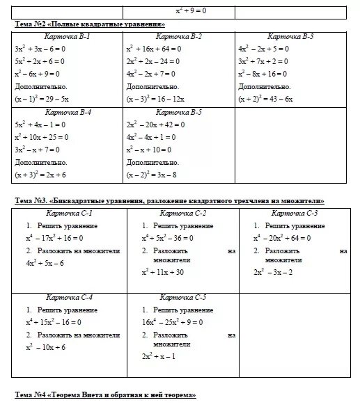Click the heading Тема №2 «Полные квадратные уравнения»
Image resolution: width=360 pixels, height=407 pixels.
[84, 24]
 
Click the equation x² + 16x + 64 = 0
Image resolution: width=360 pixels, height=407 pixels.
[152, 49]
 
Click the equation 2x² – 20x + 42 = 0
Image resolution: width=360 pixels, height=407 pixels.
[155, 125]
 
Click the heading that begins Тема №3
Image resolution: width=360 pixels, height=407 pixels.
[170, 201]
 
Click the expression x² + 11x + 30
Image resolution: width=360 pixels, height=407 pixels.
[162, 272]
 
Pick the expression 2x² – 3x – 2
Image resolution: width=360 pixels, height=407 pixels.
[273, 272]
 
